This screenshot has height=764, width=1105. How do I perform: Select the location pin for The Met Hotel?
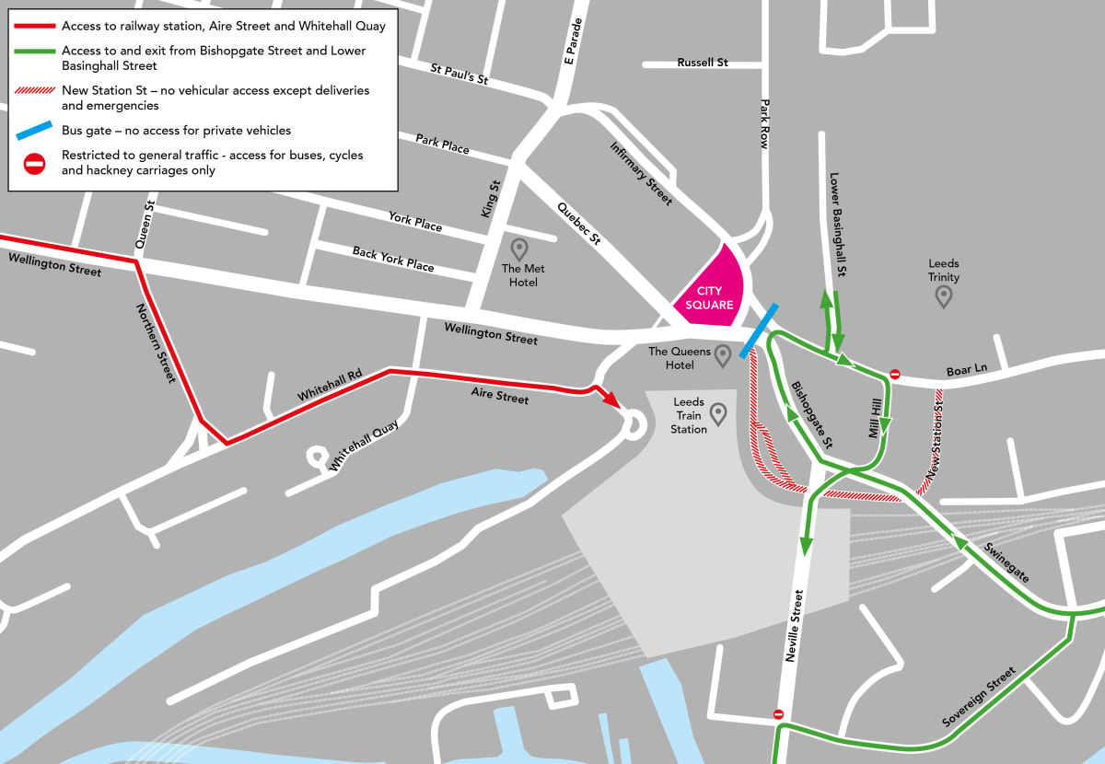click(519, 249)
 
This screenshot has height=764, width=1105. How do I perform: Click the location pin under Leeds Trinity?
click(943, 296)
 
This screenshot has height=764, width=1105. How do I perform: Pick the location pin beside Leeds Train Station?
click(717, 414)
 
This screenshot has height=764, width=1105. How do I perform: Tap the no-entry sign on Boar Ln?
click(894, 375)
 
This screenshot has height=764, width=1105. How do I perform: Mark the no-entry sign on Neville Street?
click(778, 714)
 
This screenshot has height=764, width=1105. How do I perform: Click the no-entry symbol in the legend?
click(34, 164)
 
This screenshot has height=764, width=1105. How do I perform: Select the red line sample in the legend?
click(34, 27)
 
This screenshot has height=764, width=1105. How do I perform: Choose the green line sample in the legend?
click(34, 52)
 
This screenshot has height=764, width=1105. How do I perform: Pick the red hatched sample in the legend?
click(34, 91)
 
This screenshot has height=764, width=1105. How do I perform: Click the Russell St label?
click(703, 63)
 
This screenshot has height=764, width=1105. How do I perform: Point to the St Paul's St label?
click(459, 74)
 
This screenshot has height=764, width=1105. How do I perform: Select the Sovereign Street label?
click(978, 697)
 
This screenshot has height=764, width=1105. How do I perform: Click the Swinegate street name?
click(1006, 561)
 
